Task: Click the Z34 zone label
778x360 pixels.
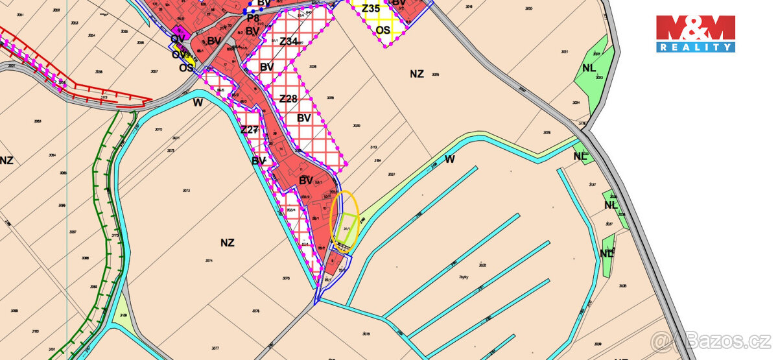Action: pos(289,42)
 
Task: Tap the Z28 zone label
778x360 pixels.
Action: pos(288,99)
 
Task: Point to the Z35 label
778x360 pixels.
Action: pos(371,8)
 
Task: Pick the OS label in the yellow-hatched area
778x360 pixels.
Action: pos(384,30)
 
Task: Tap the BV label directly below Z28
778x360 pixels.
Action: pos(303,118)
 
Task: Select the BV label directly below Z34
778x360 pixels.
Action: pos(266,67)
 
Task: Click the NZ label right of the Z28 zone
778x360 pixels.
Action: pos(416,74)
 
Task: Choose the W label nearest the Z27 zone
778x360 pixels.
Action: pos(198,102)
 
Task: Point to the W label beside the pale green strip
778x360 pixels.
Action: pos(450,159)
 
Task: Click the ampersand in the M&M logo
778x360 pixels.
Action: pos(695,28)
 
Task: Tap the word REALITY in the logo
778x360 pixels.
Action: pos(695,47)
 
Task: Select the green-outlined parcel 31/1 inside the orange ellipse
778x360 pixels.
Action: pos(349,229)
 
